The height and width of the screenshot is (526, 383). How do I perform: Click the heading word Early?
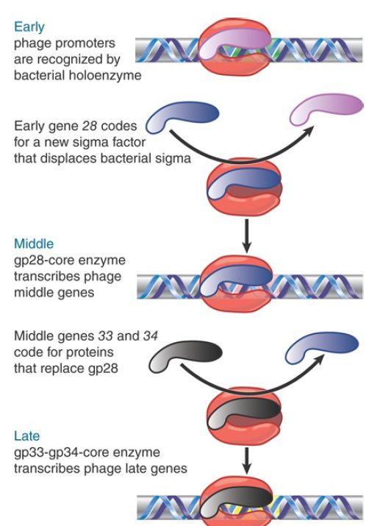29,27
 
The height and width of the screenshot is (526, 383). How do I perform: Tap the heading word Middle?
34,244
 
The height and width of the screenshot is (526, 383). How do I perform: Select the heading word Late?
26,436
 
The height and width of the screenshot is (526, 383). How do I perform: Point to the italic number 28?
90,126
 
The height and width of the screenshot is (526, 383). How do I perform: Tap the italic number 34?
151,335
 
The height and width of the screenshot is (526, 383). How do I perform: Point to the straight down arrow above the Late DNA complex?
246,461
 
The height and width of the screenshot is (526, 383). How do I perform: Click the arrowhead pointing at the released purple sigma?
309,131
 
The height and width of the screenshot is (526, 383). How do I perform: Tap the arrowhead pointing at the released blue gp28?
318,360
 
